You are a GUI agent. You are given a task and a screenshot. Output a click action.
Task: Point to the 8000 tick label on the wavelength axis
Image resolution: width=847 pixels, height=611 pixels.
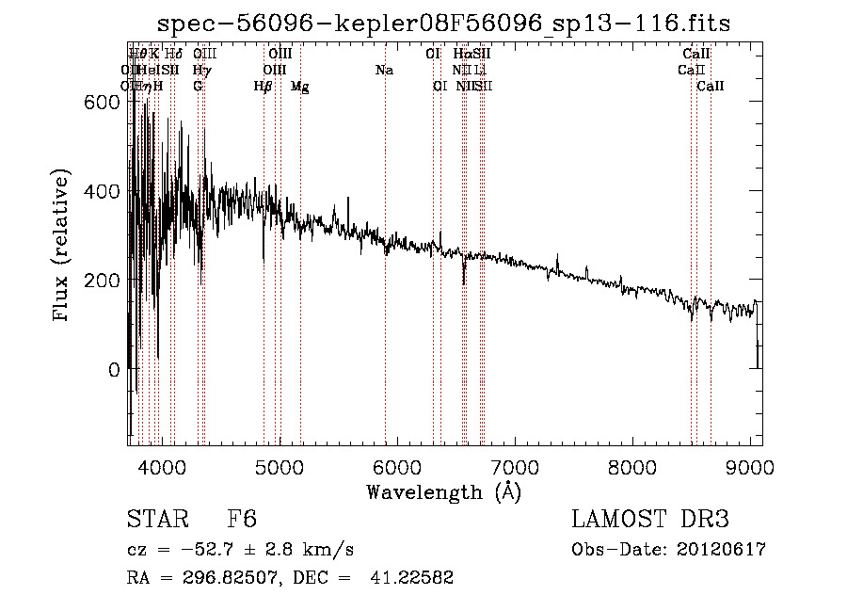[x=631, y=467]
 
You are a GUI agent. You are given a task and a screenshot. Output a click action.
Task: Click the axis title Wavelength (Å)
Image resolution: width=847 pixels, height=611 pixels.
[x=443, y=491]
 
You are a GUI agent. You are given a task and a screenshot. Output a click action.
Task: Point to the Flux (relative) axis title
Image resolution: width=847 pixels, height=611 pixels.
[x=63, y=247]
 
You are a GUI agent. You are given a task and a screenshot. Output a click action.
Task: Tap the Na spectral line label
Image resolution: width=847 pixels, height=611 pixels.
[x=383, y=70]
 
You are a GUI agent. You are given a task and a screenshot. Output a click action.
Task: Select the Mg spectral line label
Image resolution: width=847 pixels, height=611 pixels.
[x=299, y=87]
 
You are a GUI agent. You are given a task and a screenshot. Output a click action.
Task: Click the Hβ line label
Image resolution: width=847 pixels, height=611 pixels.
[x=263, y=87]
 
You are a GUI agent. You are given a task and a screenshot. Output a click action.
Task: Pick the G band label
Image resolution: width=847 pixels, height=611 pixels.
[x=198, y=86]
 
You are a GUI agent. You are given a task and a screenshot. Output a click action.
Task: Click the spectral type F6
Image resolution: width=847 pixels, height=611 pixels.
[x=242, y=521]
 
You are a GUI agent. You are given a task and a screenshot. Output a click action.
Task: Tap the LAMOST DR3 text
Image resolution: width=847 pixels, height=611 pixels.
[x=650, y=521]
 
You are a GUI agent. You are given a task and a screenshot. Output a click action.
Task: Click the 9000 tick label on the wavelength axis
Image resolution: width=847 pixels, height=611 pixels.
[x=750, y=467]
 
